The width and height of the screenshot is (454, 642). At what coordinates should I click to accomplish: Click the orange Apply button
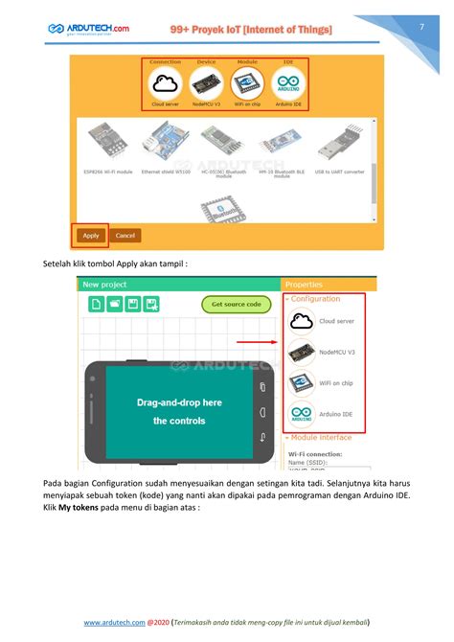pos(91,235)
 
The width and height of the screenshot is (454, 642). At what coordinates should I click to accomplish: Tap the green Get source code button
pos(237,305)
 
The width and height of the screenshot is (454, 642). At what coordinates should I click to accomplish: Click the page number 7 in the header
pos(420,28)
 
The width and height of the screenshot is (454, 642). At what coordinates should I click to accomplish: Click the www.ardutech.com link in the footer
pos(114,622)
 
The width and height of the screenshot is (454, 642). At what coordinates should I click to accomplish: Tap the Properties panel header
pos(305,285)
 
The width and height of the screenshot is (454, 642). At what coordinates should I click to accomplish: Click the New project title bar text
pos(104,285)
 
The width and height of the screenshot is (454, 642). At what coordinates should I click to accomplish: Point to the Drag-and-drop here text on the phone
pos(180,403)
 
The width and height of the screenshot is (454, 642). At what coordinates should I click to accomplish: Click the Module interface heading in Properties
pos(322,438)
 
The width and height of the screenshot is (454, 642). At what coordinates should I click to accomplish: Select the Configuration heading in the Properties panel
pos(315,299)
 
